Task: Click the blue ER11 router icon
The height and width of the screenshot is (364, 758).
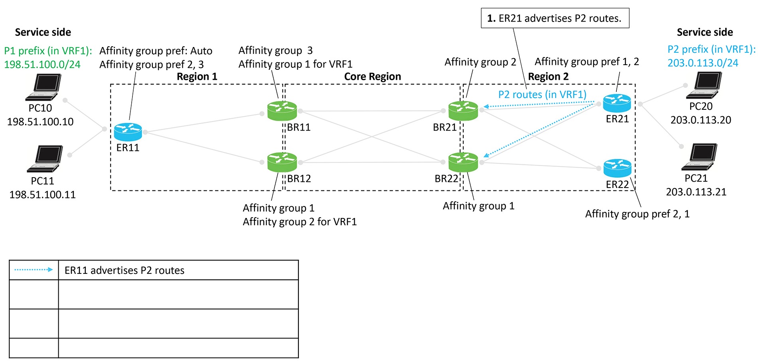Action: (x=128, y=132)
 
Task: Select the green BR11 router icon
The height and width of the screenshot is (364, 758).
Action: (x=282, y=111)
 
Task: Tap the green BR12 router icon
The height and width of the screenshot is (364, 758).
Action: (x=282, y=162)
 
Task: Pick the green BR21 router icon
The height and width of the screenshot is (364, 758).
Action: (x=463, y=111)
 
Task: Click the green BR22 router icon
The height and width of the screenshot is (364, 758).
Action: (x=463, y=162)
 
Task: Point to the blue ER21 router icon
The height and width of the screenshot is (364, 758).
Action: (x=617, y=103)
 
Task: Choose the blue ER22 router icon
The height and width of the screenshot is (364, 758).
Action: (x=617, y=168)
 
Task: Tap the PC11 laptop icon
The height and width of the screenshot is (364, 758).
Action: (x=45, y=159)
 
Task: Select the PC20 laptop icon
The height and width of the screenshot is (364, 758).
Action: (x=704, y=85)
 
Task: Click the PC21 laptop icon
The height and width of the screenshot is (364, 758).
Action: (x=699, y=157)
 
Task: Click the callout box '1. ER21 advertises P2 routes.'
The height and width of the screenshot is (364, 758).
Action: (x=555, y=18)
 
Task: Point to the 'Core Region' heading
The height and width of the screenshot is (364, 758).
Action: (x=372, y=77)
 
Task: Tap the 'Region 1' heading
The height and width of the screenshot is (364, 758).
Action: (x=197, y=77)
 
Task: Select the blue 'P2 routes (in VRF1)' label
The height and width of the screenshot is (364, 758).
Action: (x=542, y=95)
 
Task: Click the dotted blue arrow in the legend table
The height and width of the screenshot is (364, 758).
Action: (x=34, y=270)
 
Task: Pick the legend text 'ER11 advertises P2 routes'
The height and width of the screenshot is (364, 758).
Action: (x=124, y=271)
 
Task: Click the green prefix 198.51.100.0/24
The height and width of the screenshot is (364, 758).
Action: (x=42, y=65)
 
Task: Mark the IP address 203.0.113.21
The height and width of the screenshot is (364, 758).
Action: (x=696, y=192)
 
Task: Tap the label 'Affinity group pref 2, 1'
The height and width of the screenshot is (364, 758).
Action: (x=637, y=214)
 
